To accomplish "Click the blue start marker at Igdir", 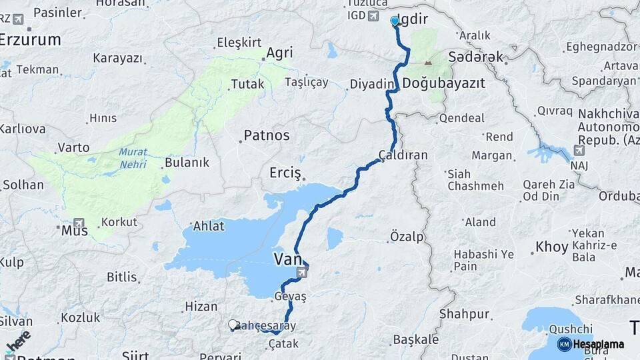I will click(x=394, y=21).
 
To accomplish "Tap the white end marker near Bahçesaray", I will click(x=233, y=325).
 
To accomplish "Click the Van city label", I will click(x=288, y=259).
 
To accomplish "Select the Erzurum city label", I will click(x=30, y=39).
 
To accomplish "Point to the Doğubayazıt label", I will click(x=443, y=83).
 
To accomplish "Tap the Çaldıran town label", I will click(x=403, y=155).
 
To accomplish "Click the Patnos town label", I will click(x=266, y=135).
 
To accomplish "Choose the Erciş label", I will click(x=285, y=173).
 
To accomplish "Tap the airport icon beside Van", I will click(x=303, y=272).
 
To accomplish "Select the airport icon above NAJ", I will click(x=579, y=151).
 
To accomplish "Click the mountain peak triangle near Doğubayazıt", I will click(x=428, y=63).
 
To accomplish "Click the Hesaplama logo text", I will click(x=598, y=344).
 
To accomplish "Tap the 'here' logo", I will click(x=18, y=341).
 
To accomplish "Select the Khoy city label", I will click(x=552, y=247).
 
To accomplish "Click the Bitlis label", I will click(x=121, y=277).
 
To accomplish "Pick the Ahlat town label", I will click(x=209, y=226).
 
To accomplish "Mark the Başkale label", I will click(x=415, y=339).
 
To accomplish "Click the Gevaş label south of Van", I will click(x=289, y=296).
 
